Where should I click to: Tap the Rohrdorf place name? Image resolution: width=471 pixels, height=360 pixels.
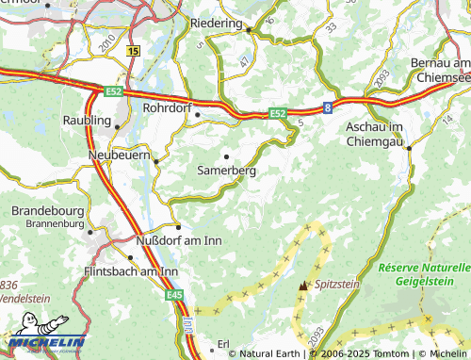pyautogui.click(x=167, y=108)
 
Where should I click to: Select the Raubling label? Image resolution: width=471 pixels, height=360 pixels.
pyautogui.click(x=88, y=122)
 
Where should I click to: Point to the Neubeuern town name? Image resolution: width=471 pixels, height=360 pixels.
pyautogui.click(x=119, y=155)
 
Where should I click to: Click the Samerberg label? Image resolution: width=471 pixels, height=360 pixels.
pyautogui.click(x=226, y=171)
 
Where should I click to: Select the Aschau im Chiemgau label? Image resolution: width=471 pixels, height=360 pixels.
pyautogui.click(x=388, y=134)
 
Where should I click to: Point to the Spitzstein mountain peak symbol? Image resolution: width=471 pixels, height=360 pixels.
pyautogui.click(x=302, y=284)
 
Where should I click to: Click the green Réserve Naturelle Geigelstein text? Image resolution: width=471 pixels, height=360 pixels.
pyautogui.click(x=422, y=273)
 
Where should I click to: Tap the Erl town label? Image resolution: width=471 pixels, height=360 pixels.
pyautogui.click(x=224, y=343)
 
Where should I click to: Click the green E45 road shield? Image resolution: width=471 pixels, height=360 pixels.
pyautogui.click(x=173, y=296)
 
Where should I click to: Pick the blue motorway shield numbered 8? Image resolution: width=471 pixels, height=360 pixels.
pyautogui.click(x=328, y=107)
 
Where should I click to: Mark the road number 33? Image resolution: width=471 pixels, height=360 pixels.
pyautogui.click(x=331, y=28)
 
